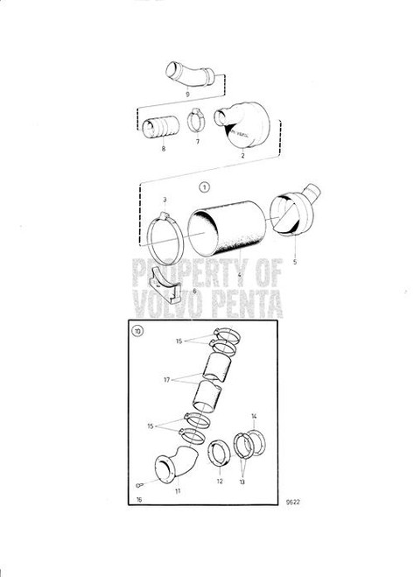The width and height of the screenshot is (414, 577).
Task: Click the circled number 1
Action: click(203, 186)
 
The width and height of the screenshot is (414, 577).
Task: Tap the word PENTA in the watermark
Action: click(244, 305)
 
